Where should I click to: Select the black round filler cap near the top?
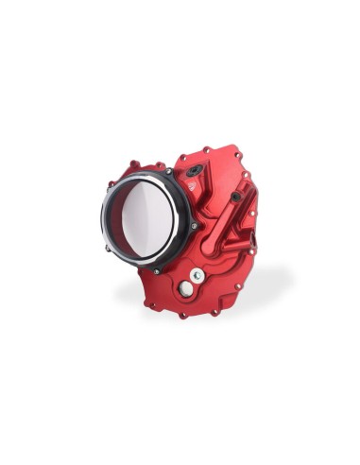tap(193, 171)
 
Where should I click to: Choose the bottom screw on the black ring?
tap(157, 270)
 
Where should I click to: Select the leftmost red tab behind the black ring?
tap(111, 184)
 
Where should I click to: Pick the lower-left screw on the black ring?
tap(109, 249)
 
